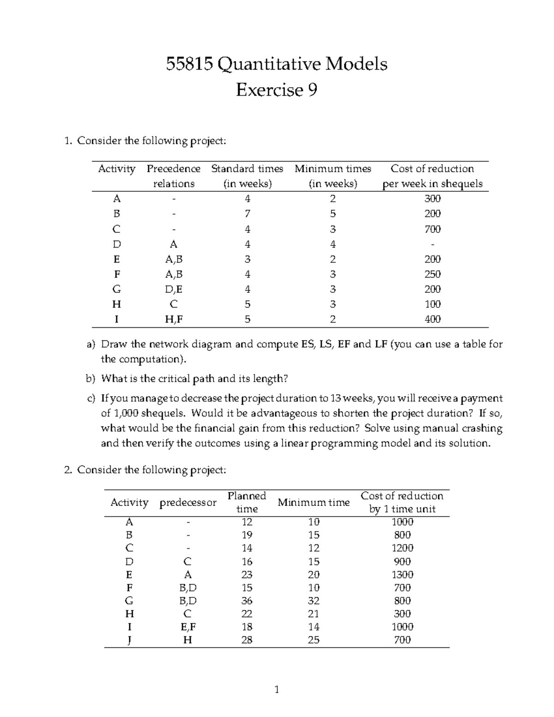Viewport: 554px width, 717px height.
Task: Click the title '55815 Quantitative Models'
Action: click(277, 64)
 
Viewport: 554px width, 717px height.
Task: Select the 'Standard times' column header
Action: click(247, 169)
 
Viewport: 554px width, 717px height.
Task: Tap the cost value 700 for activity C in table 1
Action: click(432, 229)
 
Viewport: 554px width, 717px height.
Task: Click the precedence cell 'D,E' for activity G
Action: click(174, 289)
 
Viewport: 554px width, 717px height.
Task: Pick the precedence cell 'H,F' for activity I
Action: click(174, 319)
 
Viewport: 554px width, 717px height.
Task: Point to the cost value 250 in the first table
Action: click(432, 274)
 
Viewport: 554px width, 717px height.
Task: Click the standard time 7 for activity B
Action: click(247, 214)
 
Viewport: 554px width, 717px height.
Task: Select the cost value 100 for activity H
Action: click(432, 304)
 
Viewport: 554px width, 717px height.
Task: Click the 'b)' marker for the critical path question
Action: click(90, 379)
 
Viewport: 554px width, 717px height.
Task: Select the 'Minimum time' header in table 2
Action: click(313, 502)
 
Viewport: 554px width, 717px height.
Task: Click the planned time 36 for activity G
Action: click(247, 601)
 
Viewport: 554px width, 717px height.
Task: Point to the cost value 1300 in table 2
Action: click(402, 575)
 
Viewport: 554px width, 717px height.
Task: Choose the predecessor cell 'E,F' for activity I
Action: click(187, 627)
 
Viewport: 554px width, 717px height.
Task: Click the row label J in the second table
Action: click(129, 640)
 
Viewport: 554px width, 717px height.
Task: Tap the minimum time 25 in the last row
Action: click(313, 640)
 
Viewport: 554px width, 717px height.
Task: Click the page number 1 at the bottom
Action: click(277, 690)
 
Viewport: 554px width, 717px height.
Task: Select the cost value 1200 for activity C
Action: click(402, 548)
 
